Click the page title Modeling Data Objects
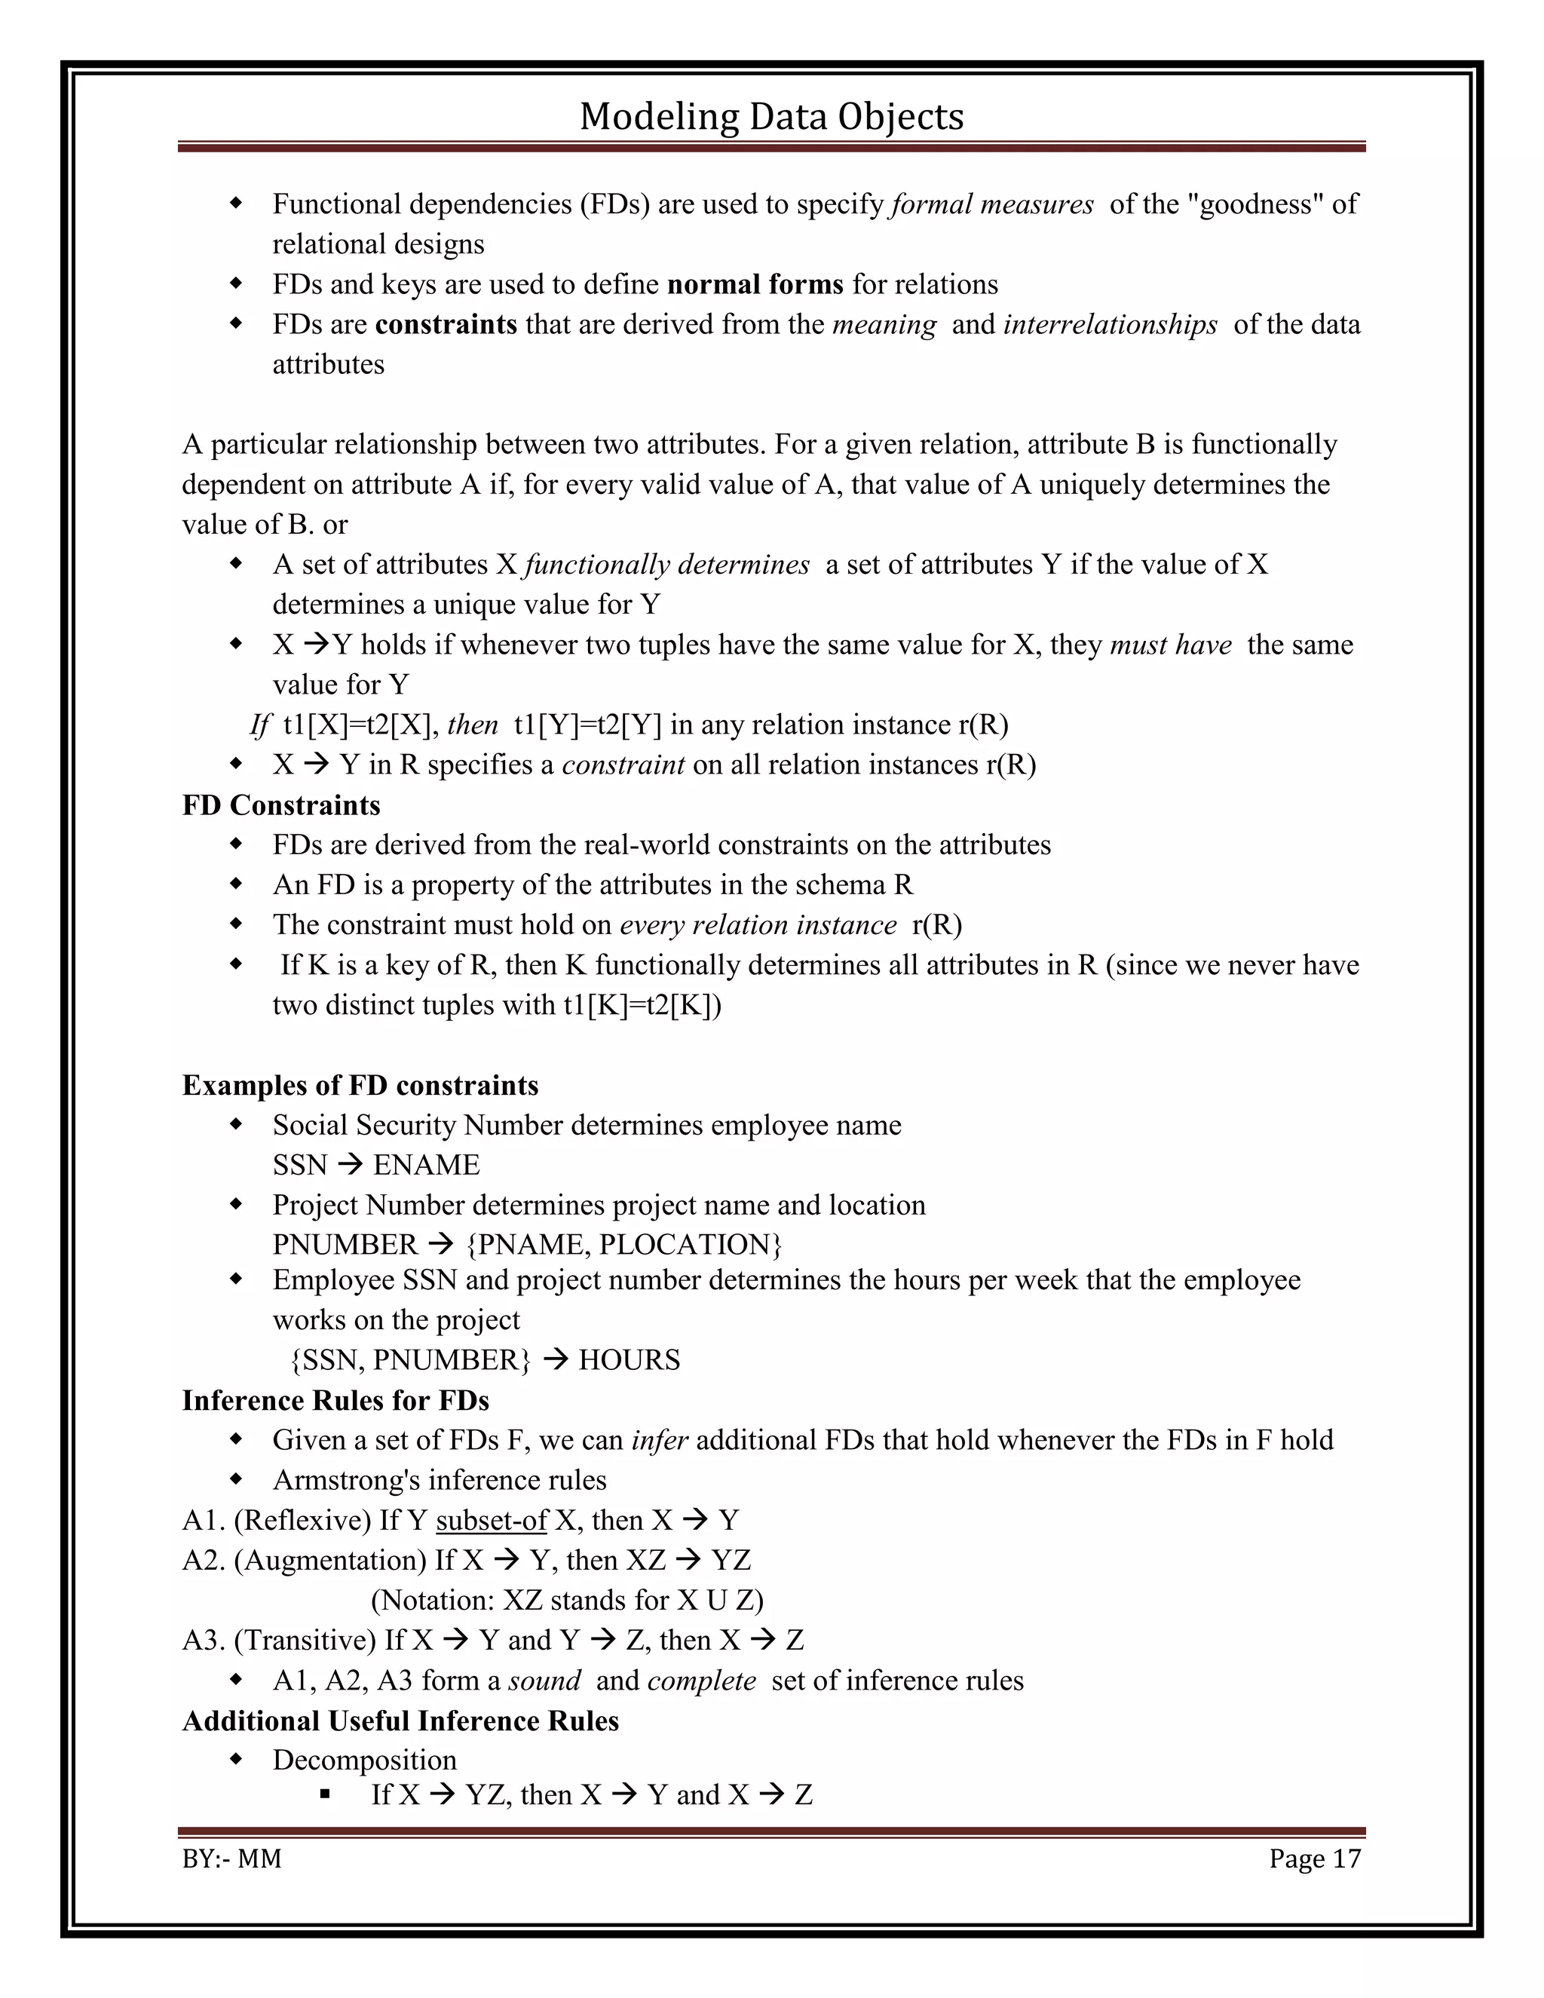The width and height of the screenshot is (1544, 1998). point(771,116)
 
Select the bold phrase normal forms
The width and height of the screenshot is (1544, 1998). point(755,284)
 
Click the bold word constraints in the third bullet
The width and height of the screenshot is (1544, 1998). point(446,325)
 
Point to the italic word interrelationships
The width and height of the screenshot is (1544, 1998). point(1110,325)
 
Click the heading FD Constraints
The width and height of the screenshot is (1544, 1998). point(280,805)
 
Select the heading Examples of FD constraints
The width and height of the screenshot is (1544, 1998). point(360,1085)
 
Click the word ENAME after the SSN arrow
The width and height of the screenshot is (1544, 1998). point(426,1165)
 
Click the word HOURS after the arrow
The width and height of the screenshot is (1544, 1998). point(630,1360)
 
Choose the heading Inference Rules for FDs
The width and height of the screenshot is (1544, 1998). point(335,1401)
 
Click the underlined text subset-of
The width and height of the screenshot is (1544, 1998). point(492,1521)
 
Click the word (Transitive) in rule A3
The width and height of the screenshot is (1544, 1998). point(305,1641)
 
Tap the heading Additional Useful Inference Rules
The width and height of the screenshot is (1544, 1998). point(400,1721)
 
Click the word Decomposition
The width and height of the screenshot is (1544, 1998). point(364,1761)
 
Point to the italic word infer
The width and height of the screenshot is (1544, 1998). point(660,1441)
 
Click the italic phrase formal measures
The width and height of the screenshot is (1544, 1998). point(992,204)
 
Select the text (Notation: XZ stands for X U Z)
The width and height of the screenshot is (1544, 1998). point(566,1600)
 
